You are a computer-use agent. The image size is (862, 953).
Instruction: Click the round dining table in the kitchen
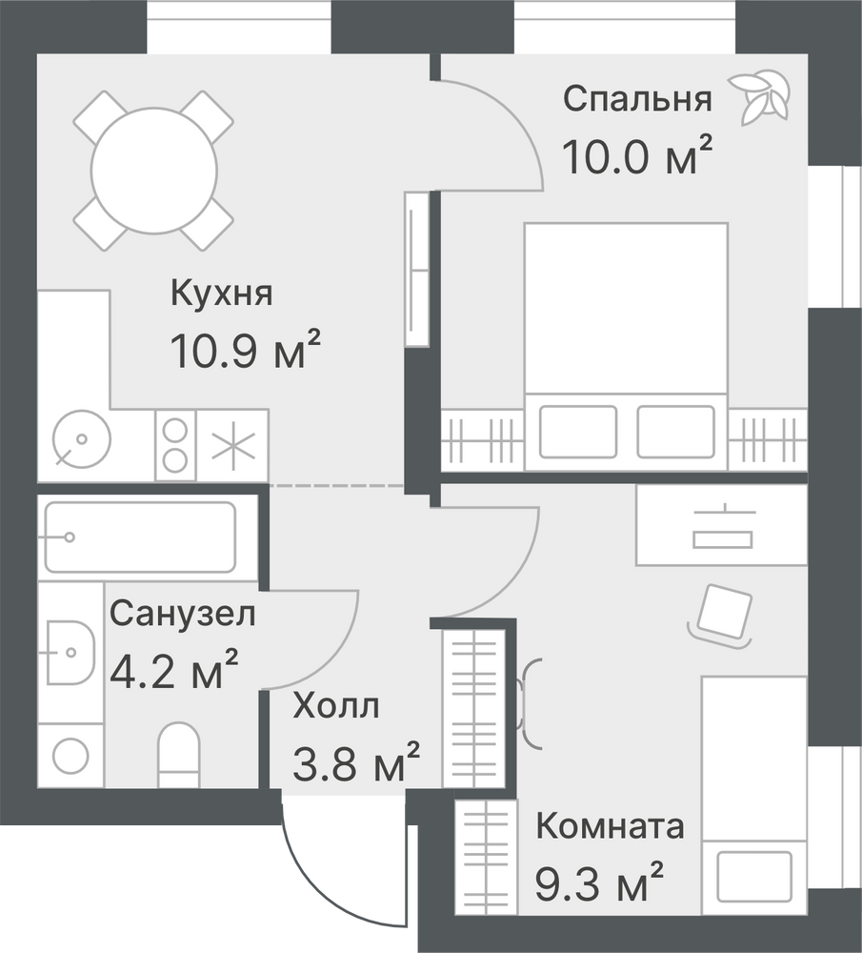pyautogui.click(x=153, y=171)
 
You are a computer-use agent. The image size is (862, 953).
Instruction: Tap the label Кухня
pyautogui.click(x=222, y=293)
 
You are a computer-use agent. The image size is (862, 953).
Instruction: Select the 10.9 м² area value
pyautogui.click(x=246, y=350)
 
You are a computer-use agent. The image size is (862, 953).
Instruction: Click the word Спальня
pyautogui.click(x=637, y=99)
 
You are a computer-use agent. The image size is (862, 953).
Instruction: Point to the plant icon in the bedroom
pyautogui.click(x=759, y=97)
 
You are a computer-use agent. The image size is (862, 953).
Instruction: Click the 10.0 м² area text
pyautogui.click(x=637, y=155)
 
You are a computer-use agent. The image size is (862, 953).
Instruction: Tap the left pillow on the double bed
pyautogui.click(x=578, y=432)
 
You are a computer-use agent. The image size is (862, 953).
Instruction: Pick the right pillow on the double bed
pyautogui.click(x=675, y=432)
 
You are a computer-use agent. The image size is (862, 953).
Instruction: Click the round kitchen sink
pyautogui.click(x=81, y=439)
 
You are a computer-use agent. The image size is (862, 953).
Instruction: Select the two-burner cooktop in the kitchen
pyautogui.click(x=175, y=445)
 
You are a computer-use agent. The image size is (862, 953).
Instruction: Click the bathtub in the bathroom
pyautogui.click(x=140, y=537)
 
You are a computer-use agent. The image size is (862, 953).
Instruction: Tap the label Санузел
pyautogui.click(x=182, y=614)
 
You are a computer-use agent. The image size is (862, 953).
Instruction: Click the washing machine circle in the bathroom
pyautogui.click(x=71, y=756)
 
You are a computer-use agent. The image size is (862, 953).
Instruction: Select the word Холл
pyautogui.click(x=336, y=706)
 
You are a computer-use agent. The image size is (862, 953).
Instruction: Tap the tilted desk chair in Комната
pyautogui.click(x=720, y=615)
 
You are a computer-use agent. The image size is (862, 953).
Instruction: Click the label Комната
pyautogui.click(x=610, y=826)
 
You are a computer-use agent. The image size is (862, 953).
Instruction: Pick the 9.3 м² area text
pyautogui.click(x=599, y=882)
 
